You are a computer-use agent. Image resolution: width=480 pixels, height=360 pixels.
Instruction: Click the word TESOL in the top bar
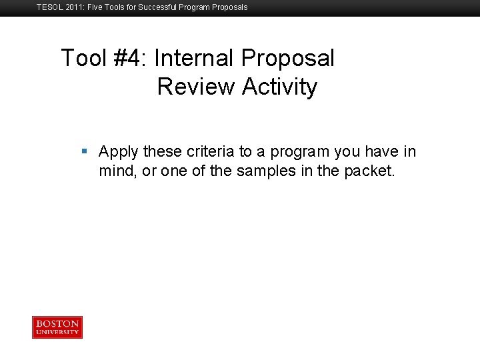pyautogui.click(x=49, y=7)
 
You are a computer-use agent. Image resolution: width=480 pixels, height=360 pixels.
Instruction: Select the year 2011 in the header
pyautogui.click(x=73, y=7)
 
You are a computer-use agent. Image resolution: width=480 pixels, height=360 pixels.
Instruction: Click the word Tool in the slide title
pyautogui.click(x=83, y=59)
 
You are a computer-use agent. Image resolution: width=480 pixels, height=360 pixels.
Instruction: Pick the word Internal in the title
pyautogui.click(x=193, y=59)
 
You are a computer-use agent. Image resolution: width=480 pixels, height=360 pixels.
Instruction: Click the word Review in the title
pyautogui.click(x=197, y=87)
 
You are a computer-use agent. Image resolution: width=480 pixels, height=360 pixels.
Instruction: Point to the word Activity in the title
pyautogui.click(x=280, y=87)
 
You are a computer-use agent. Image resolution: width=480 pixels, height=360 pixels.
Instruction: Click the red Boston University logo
pyautogui.click(x=57, y=327)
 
